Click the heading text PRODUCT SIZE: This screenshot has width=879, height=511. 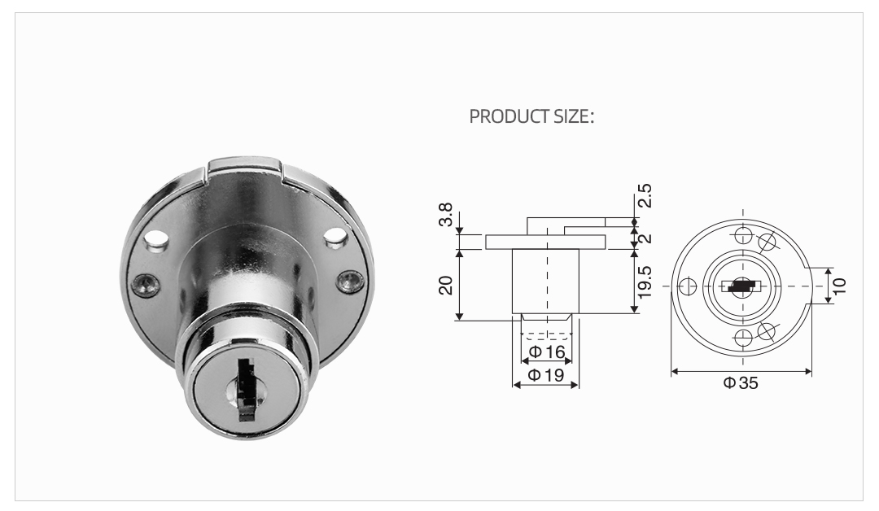[x=532, y=116]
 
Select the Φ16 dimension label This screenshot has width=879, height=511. [x=546, y=352]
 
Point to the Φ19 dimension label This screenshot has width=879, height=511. [x=546, y=375]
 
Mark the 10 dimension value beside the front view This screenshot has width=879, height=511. [x=839, y=285]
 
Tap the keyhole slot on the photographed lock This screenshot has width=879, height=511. [x=243, y=388]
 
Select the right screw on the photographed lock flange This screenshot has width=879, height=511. [x=350, y=281]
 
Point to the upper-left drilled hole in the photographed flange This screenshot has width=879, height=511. [x=157, y=241]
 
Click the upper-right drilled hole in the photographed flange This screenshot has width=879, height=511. [x=334, y=237]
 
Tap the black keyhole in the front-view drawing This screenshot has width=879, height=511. [x=741, y=286]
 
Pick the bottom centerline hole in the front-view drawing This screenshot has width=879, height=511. [x=741, y=338]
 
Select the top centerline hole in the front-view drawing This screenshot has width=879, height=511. [x=741, y=236]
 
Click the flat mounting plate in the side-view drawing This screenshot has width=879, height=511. [x=545, y=242]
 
